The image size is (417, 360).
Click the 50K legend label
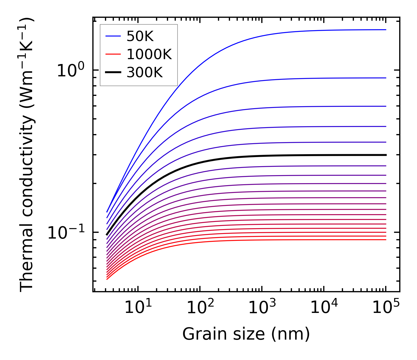140,36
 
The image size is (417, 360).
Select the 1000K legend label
149,55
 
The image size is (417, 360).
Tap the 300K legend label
145,73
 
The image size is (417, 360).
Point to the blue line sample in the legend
113,36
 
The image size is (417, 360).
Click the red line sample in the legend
113,55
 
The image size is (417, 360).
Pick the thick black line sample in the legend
113,73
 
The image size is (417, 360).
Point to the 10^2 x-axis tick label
200,307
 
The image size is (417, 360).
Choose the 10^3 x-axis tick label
262,307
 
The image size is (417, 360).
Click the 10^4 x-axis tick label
324,307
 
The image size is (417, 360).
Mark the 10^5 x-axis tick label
386,307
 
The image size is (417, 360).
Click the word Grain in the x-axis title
198,334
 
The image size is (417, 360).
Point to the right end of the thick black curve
386,155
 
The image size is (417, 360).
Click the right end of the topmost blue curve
386,30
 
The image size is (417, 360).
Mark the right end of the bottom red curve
386,240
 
